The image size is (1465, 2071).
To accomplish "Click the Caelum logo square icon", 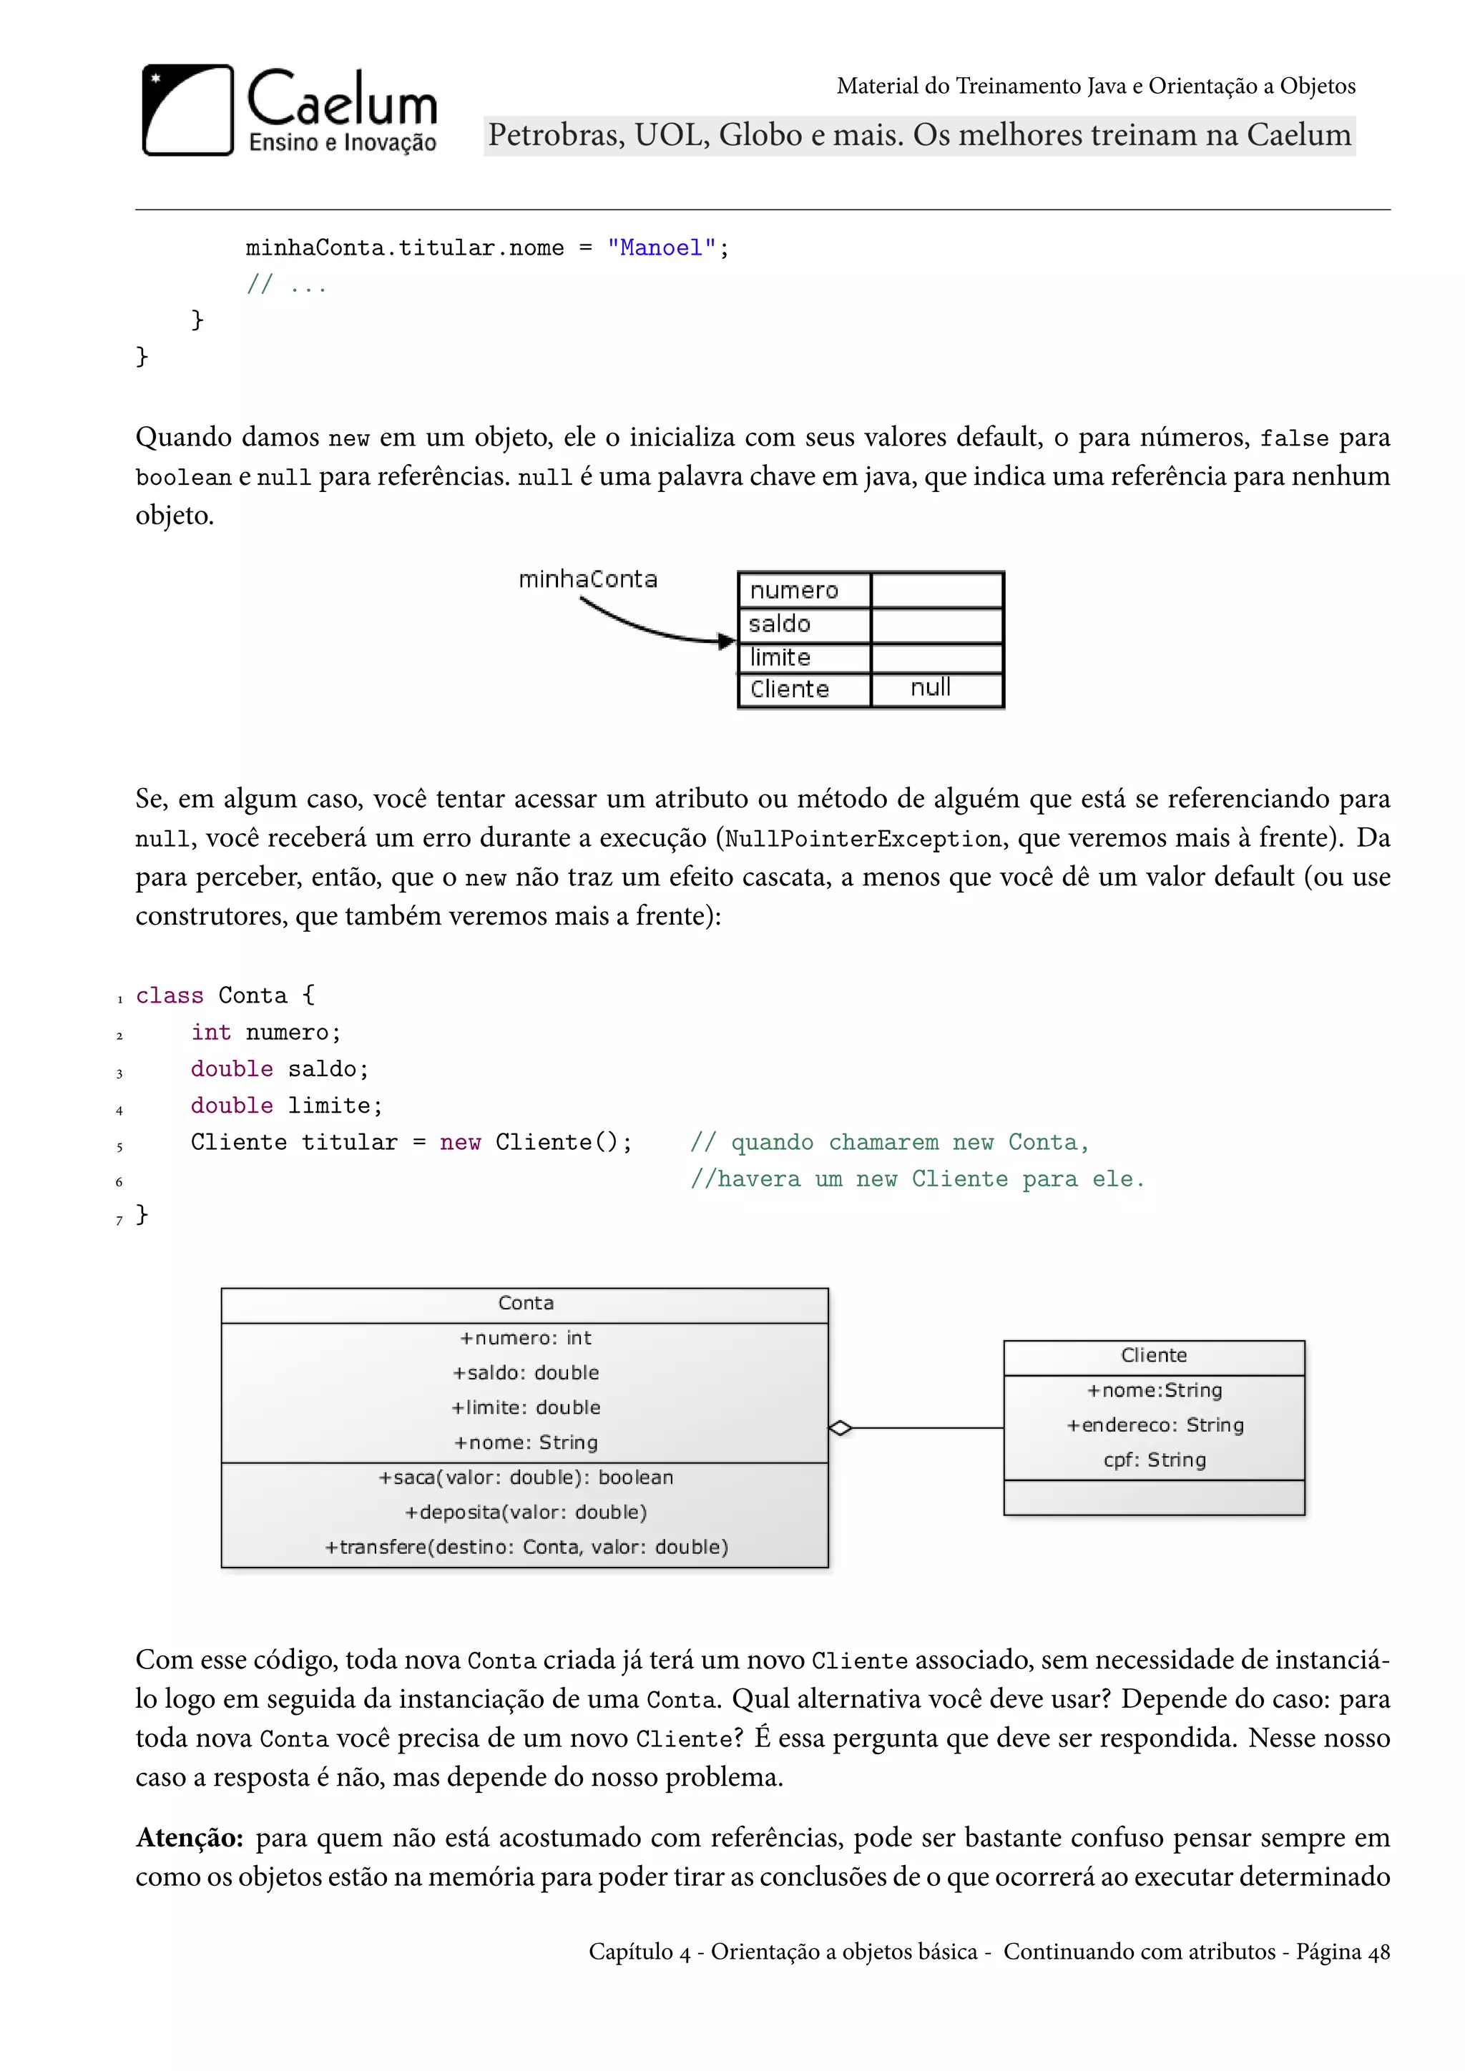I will [x=187, y=110].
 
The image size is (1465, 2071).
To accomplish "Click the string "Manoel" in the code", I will [x=661, y=248].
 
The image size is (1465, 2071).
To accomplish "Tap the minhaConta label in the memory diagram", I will [x=587, y=579].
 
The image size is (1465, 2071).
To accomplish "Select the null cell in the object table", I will [x=931, y=688].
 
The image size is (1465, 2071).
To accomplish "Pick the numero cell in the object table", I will [x=795, y=591].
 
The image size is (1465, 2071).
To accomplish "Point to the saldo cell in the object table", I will [x=780, y=624].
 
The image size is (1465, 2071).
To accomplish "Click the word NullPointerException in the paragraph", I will [x=863, y=839].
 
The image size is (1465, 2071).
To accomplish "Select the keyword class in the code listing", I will [x=170, y=996].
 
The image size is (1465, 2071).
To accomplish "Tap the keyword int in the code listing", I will [x=211, y=1033].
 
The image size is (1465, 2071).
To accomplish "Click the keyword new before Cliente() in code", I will [x=460, y=1143].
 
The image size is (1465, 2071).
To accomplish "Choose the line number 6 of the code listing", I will [x=119, y=1181].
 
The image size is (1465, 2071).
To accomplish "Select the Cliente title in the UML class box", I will [x=1154, y=1356].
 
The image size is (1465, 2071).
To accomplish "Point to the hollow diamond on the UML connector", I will [x=840, y=1428].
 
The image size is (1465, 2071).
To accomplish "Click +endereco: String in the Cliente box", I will [x=1155, y=1425].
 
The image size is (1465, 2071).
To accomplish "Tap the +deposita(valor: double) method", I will [x=526, y=1512].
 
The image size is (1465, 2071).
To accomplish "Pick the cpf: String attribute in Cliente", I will [x=1155, y=1460].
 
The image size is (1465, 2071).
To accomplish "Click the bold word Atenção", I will [x=190, y=1839].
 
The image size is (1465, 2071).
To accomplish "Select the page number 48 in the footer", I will [x=1378, y=1952].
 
